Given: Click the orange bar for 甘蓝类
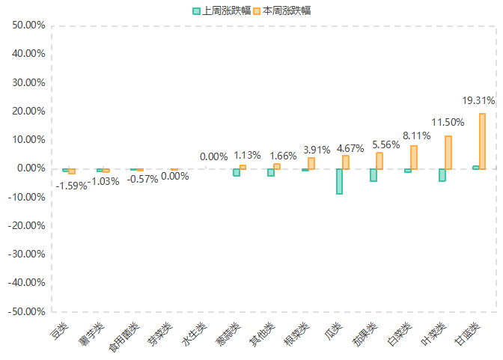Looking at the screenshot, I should (483, 141).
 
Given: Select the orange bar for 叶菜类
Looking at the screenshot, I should (448, 153).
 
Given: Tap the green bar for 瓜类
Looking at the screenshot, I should (340, 181).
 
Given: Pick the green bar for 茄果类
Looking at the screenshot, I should (374, 175).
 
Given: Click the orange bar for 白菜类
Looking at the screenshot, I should (414, 157).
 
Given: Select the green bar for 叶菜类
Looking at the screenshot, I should (442, 175).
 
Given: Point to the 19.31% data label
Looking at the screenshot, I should (479, 100).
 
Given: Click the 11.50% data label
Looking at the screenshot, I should (448, 122).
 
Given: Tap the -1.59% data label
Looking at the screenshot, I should (72, 185).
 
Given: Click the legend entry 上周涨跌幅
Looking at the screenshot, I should (222, 10).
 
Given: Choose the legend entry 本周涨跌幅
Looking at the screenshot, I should (281, 10).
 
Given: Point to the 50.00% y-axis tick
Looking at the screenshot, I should (29, 25).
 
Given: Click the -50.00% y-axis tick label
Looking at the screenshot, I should (28, 311).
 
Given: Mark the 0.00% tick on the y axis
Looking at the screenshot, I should (31, 168).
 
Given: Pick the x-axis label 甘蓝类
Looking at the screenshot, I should (467, 335).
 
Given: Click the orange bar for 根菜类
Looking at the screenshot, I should (311, 163).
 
